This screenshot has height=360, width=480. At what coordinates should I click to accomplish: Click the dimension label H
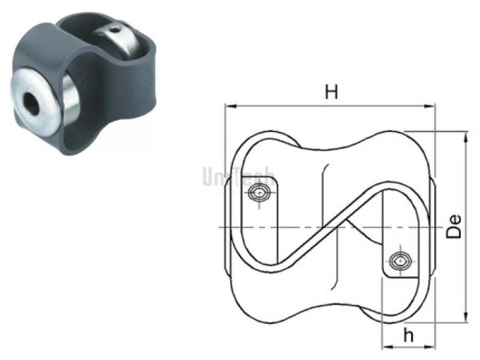330,91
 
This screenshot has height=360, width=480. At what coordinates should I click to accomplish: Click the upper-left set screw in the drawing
258,193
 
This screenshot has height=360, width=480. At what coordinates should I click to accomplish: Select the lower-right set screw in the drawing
401,260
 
